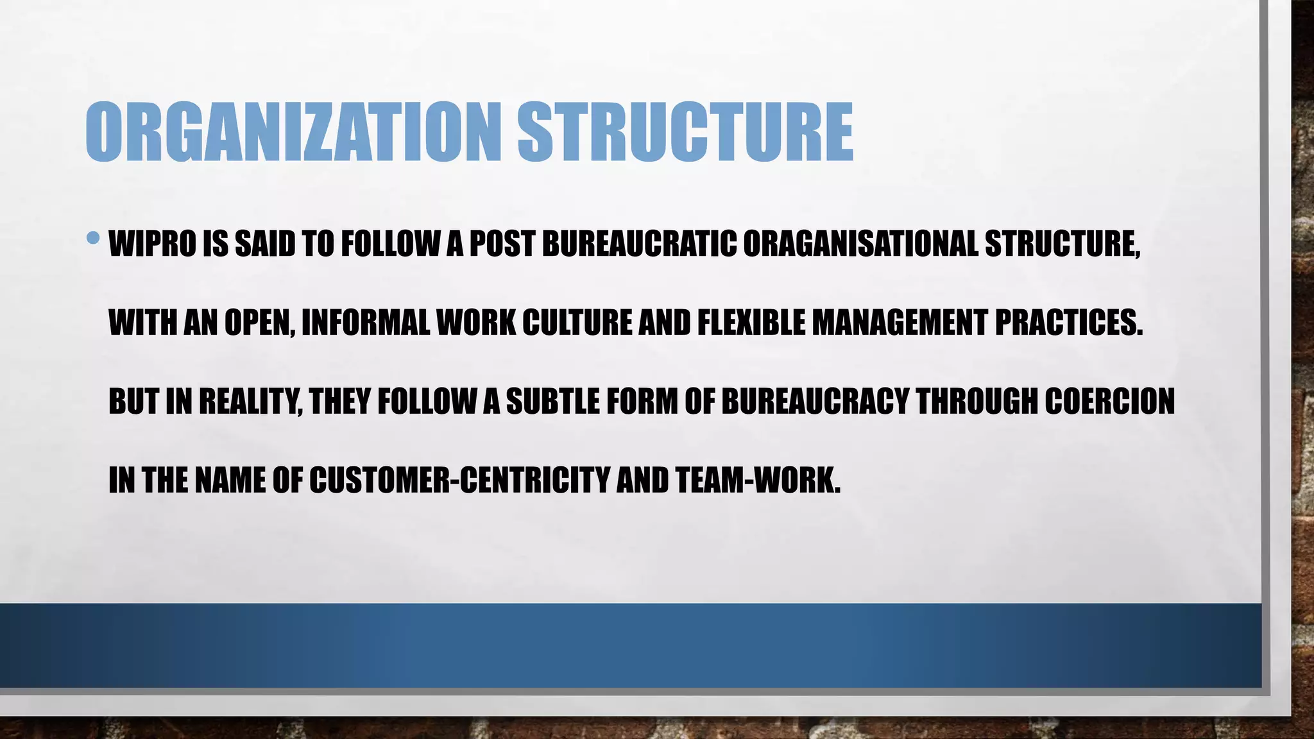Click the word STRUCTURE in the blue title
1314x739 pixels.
(x=685, y=132)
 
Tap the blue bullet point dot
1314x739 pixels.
(x=93, y=239)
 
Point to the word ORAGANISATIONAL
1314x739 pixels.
(x=860, y=244)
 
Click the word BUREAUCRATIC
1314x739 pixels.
(x=639, y=244)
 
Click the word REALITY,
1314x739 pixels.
(x=251, y=402)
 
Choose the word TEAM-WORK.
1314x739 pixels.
(x=757, y=480)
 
